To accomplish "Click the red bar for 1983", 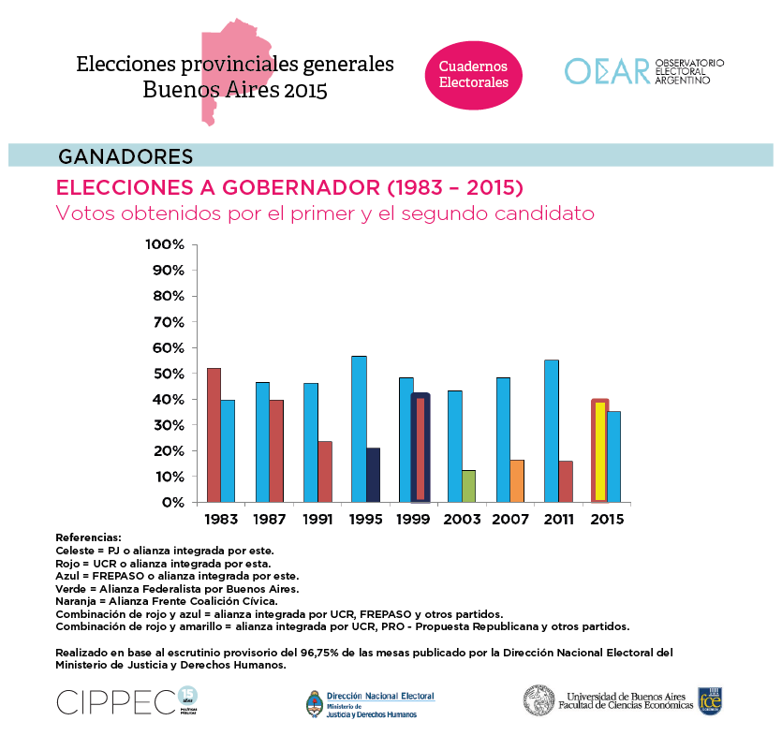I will coord(214,434).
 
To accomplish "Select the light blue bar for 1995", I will coord(359,429).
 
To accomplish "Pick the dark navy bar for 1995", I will coord(373,475).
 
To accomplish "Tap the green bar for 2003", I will coord(469,485).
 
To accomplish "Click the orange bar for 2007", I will coord(517,480).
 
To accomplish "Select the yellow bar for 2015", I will coord(600,451).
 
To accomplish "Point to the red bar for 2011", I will coord(566,480).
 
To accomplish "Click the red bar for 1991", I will coord(325,471).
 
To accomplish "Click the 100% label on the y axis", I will coord(166,245).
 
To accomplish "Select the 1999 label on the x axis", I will coord(413,519).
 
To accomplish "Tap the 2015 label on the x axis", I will coord(607,519).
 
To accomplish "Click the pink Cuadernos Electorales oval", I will coord(474,75).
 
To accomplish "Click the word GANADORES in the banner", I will coord(125,155).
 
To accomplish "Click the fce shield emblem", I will coord(710,699).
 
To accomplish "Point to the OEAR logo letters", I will coord(606,71).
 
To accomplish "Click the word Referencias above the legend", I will coord(88,537).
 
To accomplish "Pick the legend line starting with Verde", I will coord(177,589).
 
